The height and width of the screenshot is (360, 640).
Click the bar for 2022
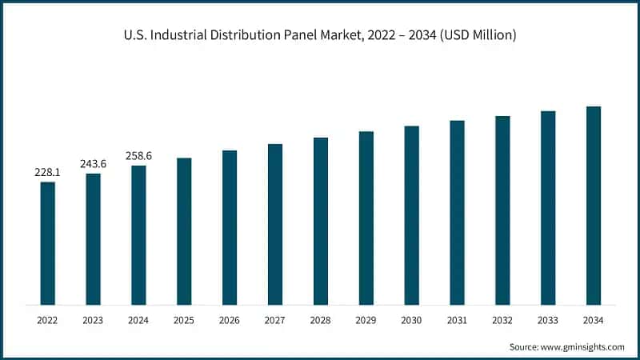[48, 243]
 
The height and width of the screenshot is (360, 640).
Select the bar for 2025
[184, 231]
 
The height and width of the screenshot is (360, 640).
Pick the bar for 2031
[457, 213]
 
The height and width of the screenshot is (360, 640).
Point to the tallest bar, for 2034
[594, 206]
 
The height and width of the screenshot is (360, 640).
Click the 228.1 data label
[47, 172]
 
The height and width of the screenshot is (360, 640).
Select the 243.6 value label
[93, 164]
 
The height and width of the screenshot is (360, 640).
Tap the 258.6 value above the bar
[138, 156]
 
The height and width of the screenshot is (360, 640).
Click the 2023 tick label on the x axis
[93, 320]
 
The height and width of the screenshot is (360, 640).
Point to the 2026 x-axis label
[230, 320]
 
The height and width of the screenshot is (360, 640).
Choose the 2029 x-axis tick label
[366, 320]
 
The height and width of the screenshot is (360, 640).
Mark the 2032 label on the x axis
[502, 320]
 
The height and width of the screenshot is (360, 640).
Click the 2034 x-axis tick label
[594, 320]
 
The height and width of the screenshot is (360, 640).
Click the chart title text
[320, 35]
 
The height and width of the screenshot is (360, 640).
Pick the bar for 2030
[412, 215]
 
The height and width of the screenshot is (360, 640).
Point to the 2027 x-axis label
[275, 320]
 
